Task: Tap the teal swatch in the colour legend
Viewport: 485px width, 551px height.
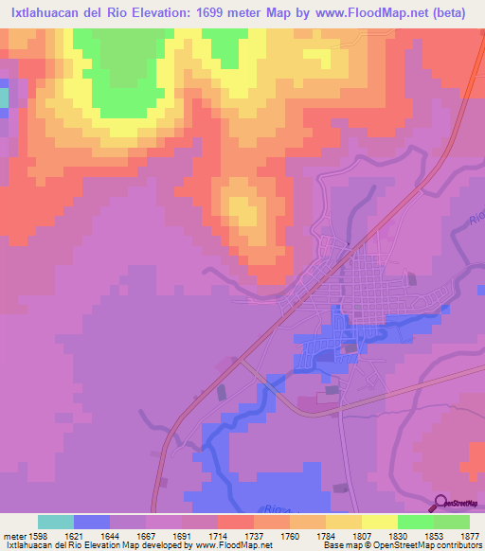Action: (55, 521)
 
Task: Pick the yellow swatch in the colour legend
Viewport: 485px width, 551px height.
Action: (379, 521)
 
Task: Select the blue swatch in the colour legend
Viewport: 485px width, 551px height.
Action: (91, 521)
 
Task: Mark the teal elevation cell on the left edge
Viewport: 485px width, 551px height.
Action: (4, 98)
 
